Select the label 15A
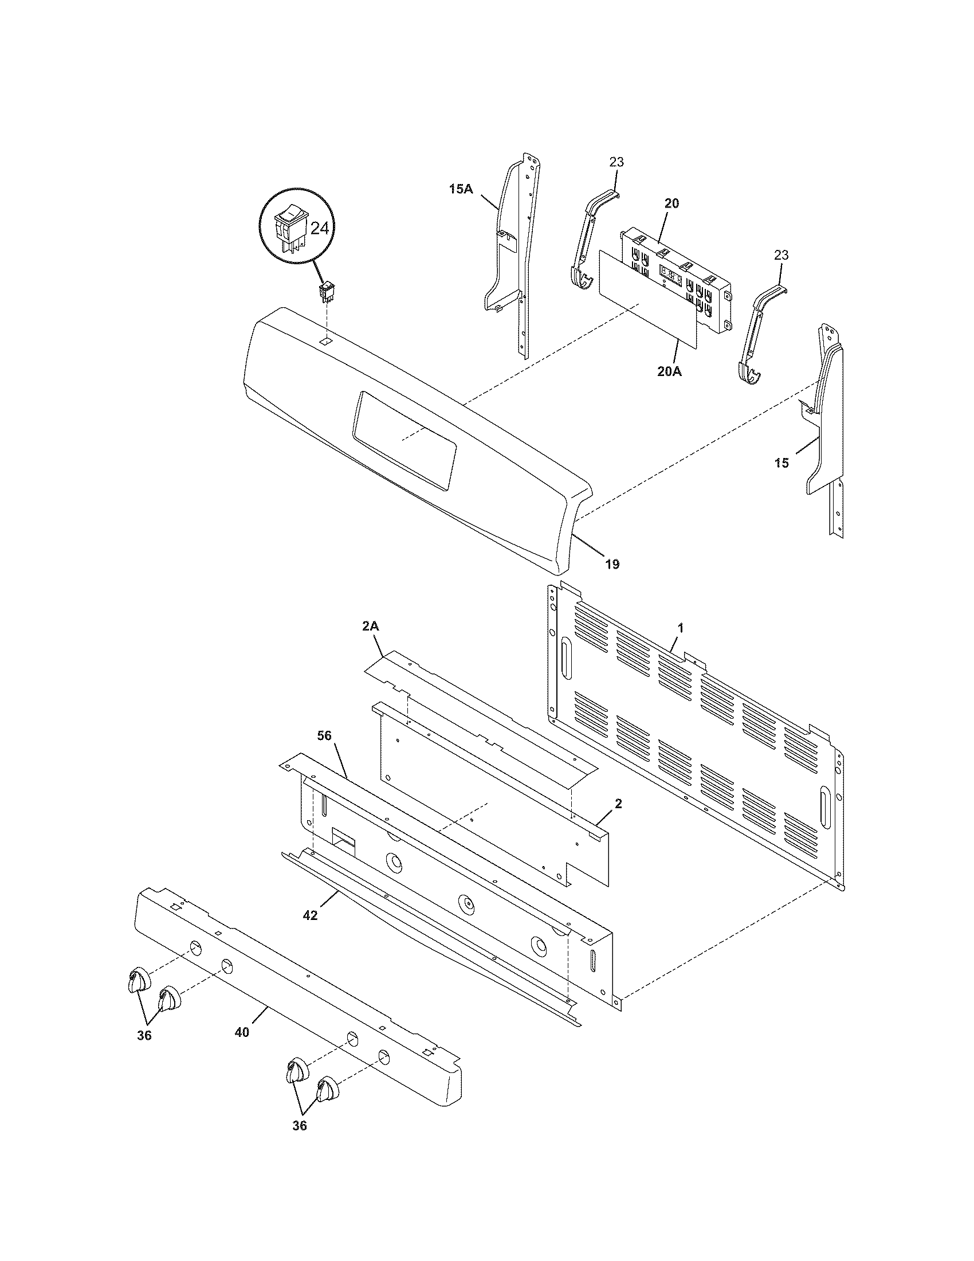click(461, 188)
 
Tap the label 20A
click(669, 372)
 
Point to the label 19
click(612, 564)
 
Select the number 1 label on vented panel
click(680, 627)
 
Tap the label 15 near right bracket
click(781, 463)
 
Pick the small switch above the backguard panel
click(327, 292)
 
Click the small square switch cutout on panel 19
click(326, 341)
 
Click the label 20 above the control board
click(671, 203)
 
